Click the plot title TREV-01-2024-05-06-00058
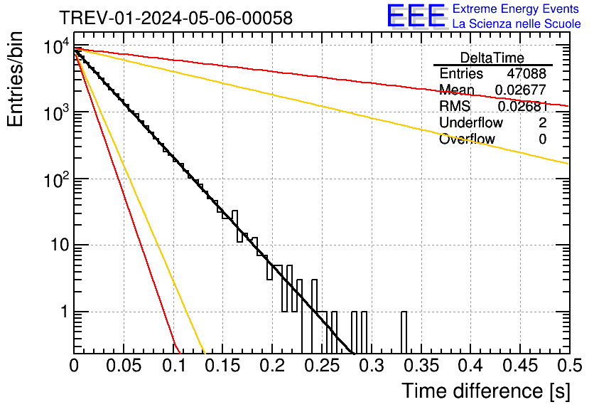175,18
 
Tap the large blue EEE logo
416,16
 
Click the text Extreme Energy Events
516,9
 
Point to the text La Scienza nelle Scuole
516,24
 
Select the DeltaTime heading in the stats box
492,58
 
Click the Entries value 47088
526,74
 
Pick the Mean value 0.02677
520,90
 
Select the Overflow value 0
542,139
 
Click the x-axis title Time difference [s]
485,391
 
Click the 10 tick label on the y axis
58,245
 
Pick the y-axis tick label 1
63,312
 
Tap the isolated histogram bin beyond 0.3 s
404,332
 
